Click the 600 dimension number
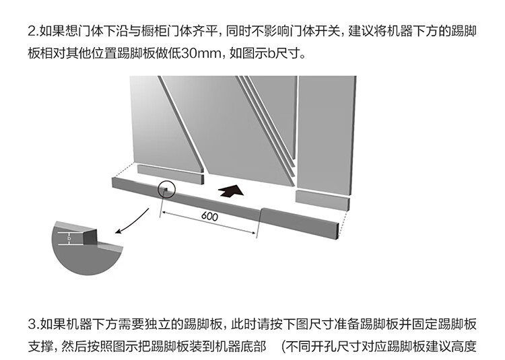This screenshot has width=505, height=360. tap(210, 217)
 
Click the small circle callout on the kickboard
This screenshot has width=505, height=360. tap(166, 190)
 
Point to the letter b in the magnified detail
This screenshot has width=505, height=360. tap(69, 238)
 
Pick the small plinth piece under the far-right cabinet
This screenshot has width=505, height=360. tap(322, 200)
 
